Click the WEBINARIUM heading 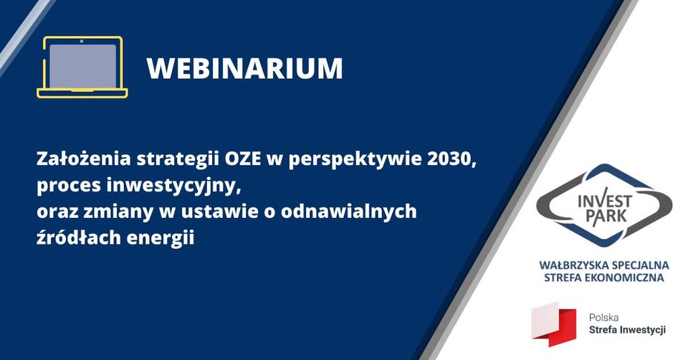(x=244, y=67)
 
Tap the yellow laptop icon (x=82, y=67)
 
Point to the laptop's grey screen (x=82, y=65)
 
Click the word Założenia (x=83, y=158)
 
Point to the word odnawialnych (x=349, y=212)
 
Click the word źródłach (x=78, y=237)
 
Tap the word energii (x=160, y=239)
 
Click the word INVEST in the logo (x=605, y=202)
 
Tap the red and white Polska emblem (x=554, y=324)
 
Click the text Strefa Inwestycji (x=627, y=330)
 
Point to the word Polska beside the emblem (x=603, y=317)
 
